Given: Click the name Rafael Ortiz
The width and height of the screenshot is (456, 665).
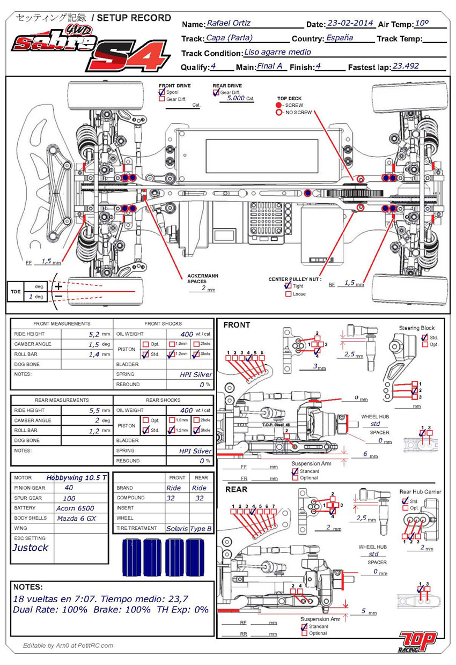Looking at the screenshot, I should coord(229,23).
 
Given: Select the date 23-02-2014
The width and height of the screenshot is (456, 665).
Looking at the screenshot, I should coord(350,23).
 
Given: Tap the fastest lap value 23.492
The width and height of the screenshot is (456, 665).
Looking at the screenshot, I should coord(406,66).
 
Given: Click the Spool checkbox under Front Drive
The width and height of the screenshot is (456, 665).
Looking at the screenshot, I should coord(161,92).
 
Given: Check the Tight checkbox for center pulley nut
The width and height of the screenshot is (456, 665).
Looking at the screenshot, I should coord(288,286).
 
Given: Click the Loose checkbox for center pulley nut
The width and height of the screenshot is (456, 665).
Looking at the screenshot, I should coord(288,294).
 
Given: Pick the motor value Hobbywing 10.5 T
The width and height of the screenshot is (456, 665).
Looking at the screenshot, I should coord(77,478).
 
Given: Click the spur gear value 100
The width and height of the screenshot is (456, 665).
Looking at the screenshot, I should coord(70,498).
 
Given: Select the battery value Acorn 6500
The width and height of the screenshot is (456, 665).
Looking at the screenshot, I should coord(75,508).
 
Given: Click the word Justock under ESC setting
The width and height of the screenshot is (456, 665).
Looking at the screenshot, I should coord(30,548).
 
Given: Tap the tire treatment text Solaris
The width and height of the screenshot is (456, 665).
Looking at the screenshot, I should coord(177,529).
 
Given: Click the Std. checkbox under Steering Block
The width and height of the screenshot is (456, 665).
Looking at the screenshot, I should coord(425,337).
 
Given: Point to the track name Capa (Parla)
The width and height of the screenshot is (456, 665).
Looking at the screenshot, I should coord(229,38).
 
